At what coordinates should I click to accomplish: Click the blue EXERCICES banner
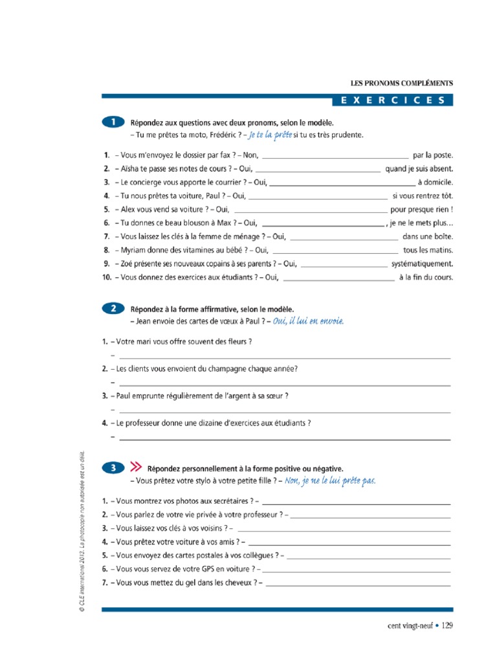pyautogui.click(x=392, y=100)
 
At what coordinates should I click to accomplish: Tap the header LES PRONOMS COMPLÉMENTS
pyautogui.click(x=401, y=84)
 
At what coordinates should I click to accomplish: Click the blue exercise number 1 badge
pyautogui.click(x=113, y=121)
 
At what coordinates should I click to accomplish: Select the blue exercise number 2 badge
pyautogui.click(x=113, y=309)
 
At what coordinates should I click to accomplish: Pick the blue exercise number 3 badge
pyautogui.click(x=113, y=466)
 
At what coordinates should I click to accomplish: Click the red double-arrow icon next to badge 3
pyautogui.click(x=136, y=466)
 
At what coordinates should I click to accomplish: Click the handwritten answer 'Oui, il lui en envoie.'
pyautogui.click(x=308, y=321)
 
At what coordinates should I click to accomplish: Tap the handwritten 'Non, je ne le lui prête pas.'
pyautogui.click(x=330, y=480)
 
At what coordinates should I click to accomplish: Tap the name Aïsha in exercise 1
pyautogui.click(x=129, y=169)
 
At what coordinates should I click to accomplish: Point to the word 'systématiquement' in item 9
pyautogui.click(x=422, y=264)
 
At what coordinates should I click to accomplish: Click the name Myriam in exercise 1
pyautogui.click(x=133, y=250)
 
